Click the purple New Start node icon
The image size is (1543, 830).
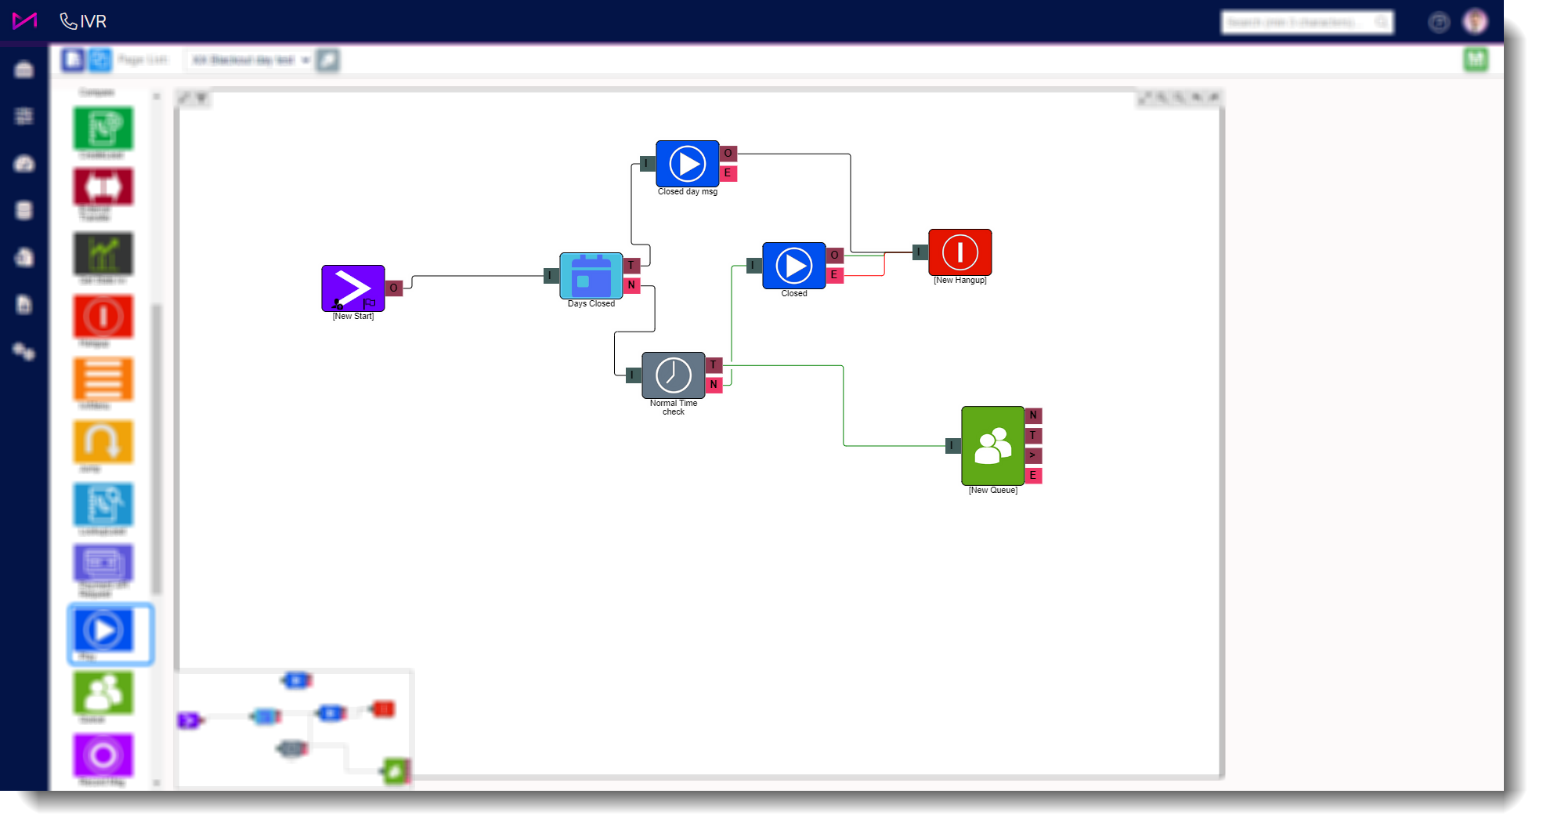click(352, 288)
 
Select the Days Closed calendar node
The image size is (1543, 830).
click(591, 275)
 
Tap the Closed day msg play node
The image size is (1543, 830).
click(687, 164)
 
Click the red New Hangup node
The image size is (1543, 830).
click(959, 252)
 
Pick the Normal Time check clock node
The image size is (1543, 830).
click(673, 375)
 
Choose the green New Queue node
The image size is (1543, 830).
click(992, 445)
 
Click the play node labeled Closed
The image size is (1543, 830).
click(793, 266)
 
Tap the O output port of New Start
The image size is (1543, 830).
click(394, 288)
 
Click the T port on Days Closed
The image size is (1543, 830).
click(631, 266)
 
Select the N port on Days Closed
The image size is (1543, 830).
click(631, 285)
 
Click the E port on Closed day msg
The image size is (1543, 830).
click(728, 173)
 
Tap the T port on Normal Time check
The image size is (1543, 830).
click(714, 365)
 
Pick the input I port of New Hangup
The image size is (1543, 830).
click(920, 252)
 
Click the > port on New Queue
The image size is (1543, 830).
click(1033, 455)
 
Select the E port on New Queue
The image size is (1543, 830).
click(1033, 476)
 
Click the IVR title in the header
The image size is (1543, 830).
click(92, 22)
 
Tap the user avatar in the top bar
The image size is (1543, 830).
click(1475, 22)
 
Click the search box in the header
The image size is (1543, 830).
click(1300, 23)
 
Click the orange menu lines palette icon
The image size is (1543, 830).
click(103, 379)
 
